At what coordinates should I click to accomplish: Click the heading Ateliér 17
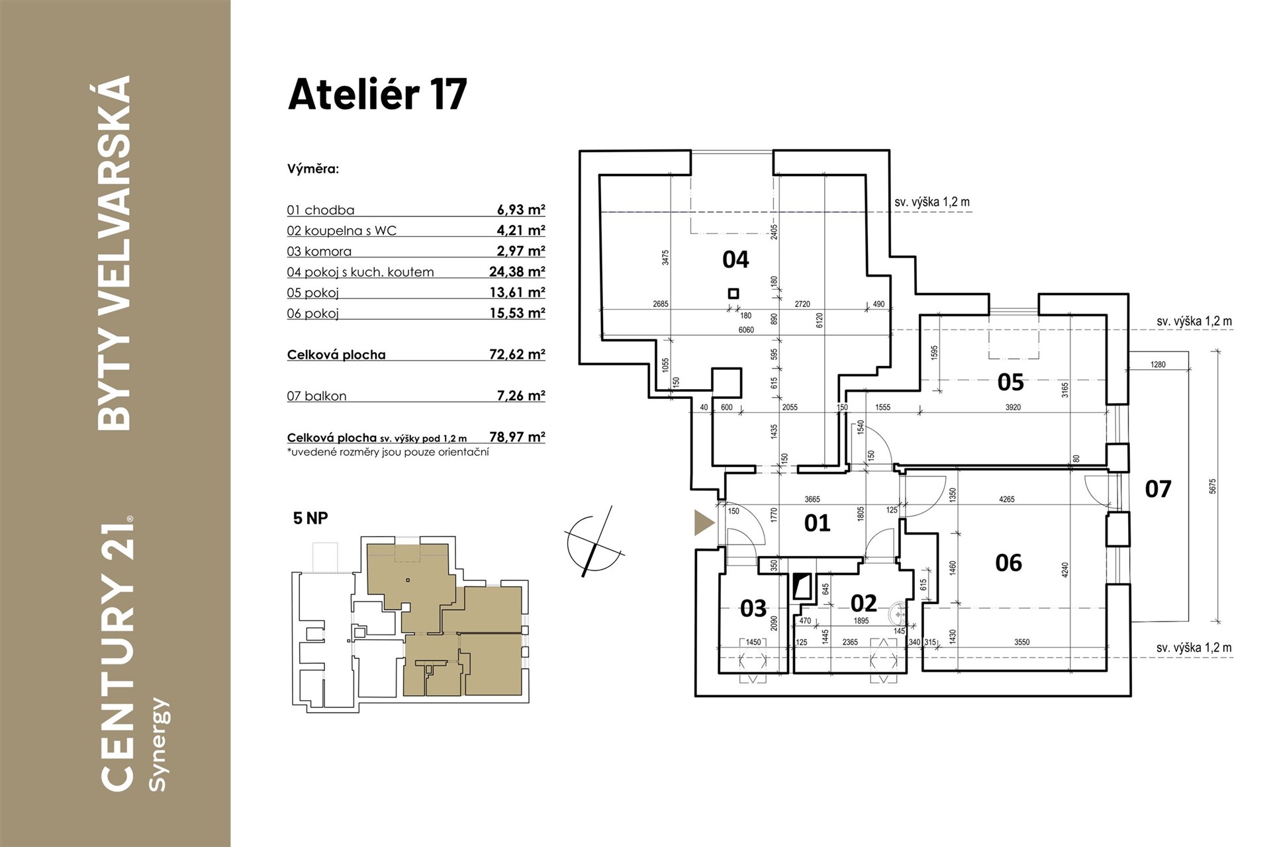377,94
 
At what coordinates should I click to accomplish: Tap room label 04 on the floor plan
735,259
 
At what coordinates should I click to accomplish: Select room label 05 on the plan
1010,382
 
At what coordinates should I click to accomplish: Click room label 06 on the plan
1008,562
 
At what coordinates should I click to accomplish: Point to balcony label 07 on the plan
1158,489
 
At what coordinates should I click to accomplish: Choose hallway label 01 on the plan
817,523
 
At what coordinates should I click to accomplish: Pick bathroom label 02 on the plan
863,603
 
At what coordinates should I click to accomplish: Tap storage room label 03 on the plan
753,608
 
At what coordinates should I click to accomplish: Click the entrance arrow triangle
704,523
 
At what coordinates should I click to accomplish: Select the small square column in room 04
733,293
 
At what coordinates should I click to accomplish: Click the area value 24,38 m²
517,271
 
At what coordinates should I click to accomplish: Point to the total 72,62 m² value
517,354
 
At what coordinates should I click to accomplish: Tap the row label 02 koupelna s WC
342,230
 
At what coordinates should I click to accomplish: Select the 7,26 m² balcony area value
521,396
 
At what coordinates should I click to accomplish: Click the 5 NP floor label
310,518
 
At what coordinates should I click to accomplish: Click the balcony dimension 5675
1212,486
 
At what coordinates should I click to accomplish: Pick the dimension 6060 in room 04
746,330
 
